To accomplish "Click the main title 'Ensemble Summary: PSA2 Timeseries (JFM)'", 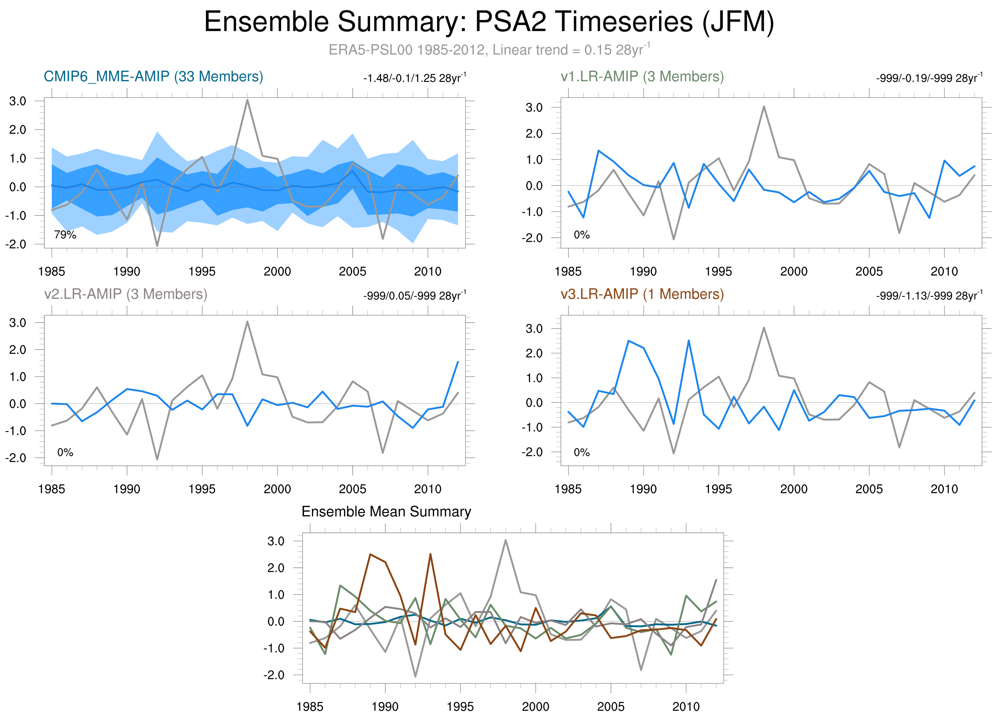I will (489, 22).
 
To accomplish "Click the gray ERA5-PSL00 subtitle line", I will (489, 50).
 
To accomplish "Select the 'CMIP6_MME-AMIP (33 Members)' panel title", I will (153, 77).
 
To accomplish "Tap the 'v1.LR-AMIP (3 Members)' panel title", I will (642, 77).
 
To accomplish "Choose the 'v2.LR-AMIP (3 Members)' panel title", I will (126, 294).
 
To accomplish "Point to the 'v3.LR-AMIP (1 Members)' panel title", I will (642, 294).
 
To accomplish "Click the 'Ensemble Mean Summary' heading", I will (386, 512).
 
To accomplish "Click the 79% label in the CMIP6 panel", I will (65, 235).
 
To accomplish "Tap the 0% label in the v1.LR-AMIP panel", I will (582, 235).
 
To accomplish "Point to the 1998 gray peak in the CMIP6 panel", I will (247, 100).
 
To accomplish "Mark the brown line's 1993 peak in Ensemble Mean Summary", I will (430, 554).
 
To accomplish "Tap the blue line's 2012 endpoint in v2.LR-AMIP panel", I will (458, 362).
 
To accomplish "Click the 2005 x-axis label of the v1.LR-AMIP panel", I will (869, 271).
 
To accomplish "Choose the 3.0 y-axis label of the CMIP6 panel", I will (17, 101).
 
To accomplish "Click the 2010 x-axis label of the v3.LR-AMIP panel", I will (944, 489).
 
